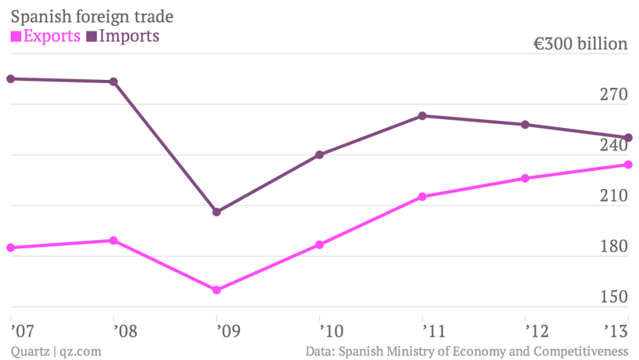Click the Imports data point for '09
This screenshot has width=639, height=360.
point(216,212)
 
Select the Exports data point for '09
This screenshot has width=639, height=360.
point(216,290)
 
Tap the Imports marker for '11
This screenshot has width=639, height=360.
point(423,116)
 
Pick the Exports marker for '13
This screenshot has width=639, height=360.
point(628,164)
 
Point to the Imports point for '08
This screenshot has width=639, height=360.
point(114,82)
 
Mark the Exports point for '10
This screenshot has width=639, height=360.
point(319,245)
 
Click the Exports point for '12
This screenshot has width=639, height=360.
point(525,178)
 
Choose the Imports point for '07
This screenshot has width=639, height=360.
point(11,79)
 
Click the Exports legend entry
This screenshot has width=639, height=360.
point(46,35)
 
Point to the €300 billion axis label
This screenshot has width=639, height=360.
point(580,44)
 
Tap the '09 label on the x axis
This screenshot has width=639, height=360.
point(218,329)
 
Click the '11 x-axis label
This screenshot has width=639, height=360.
point(423,329)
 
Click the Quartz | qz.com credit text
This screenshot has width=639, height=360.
point(56,351)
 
